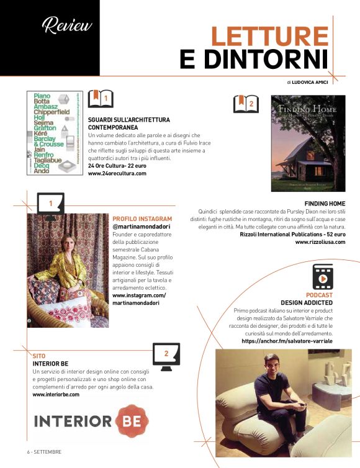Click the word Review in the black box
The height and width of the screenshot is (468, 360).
(66, 25)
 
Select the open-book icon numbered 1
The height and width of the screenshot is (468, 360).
(101, 98)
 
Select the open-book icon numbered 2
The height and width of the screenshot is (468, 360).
(246, 104)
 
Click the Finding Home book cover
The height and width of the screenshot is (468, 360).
(308, 143)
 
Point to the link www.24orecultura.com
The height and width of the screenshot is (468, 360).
(117, 174)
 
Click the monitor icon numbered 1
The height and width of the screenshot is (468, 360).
(50, 205)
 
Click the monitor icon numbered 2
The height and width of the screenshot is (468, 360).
(166, 356)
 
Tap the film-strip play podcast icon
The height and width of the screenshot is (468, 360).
(323, 277)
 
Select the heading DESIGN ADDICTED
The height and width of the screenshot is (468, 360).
(307, 302)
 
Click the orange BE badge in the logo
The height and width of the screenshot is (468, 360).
(132, 421)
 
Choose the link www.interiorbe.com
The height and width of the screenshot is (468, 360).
(56, 394)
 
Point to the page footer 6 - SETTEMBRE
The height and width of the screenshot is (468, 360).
(44, 451)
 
